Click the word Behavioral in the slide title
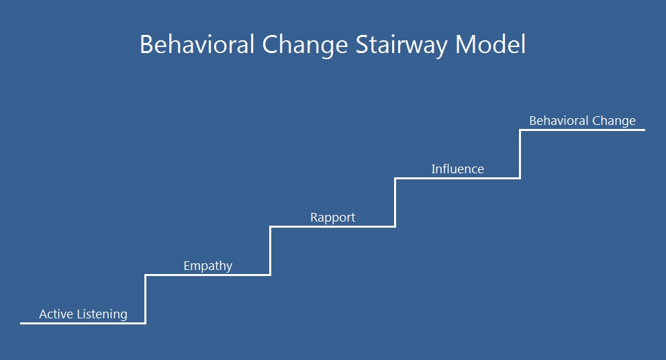(197, 44)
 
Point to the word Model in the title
(490, 44)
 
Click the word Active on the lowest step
(56, 314)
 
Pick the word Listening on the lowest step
(102, 315)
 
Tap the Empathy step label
(207, 267)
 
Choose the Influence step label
(457, 169)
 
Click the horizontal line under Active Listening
(83, 324)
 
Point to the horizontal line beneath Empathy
(207, 275)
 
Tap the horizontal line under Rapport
(332, 226)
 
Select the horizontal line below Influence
(457, 178)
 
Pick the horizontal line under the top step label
(582, 130)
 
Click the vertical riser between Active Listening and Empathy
(145, 300)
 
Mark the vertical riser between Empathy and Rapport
(270, 251)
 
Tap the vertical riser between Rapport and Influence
(395, 202)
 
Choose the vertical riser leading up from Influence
(520, 154)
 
